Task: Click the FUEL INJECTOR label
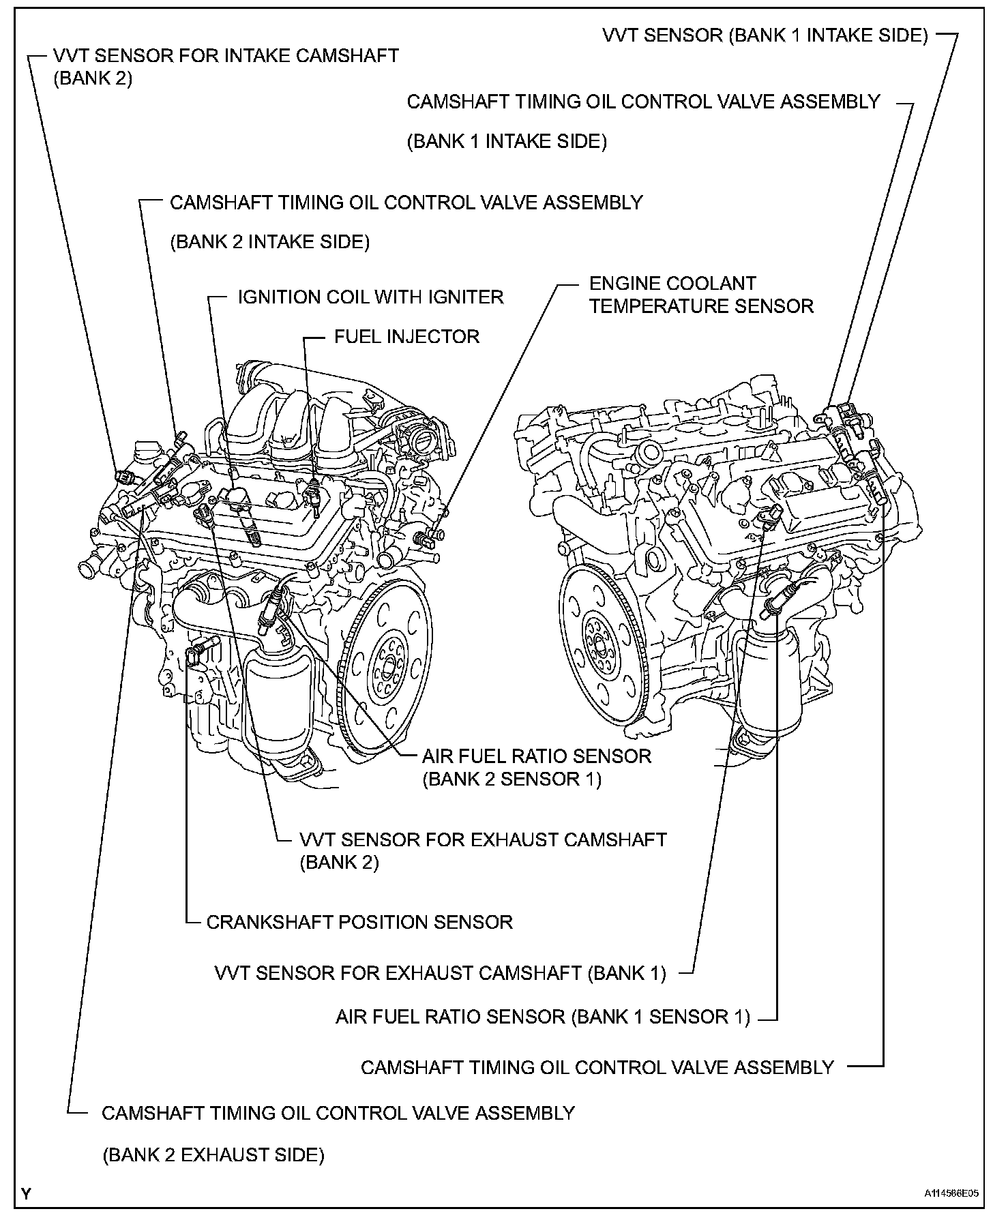tap(406, 337)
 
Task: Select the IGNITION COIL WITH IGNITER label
tap(370, 297)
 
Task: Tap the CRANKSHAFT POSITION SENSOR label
tap(359, 923)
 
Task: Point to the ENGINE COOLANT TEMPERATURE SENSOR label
tap(701, 295)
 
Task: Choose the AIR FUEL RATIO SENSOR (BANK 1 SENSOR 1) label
tap(542, 1017)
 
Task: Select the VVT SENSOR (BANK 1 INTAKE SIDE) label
tap(765, 35)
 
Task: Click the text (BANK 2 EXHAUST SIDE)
tap(213, 1155)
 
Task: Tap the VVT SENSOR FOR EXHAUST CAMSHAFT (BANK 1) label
tap(440, 972)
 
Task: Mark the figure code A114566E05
tap(951, 1194)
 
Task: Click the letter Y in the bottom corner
tap(26, 1193)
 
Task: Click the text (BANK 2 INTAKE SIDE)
tap(269, 242)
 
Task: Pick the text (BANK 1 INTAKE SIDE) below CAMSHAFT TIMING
tap(506, 141)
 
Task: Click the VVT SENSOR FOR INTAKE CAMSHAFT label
tap(225, 55)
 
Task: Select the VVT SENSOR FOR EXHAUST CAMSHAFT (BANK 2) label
tap(482, 839)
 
